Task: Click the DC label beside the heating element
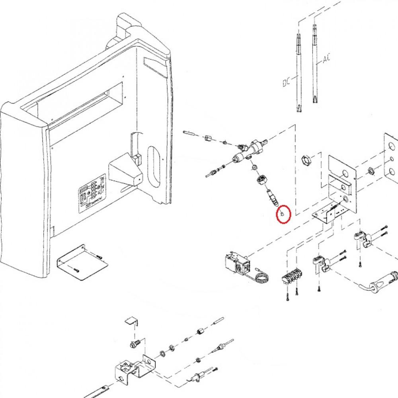(x=285, y=83)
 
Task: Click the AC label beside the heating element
(x=327, y=59)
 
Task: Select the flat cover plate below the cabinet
(x=81, y=262)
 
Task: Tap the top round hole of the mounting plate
(x=345, y=173)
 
